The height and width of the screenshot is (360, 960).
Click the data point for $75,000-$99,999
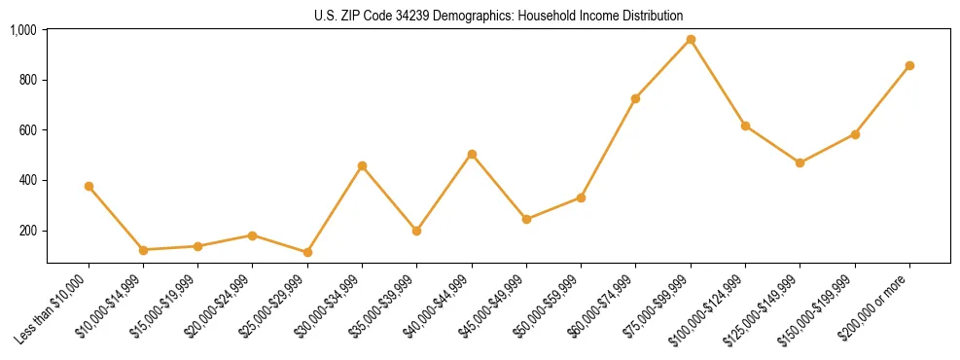click(x=691, y=39)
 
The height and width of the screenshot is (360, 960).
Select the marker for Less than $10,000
click(x=89, y=186)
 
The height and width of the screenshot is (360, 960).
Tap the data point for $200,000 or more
click(x=909, y=65)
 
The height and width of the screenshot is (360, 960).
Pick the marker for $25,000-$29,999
click(x=307, y=252)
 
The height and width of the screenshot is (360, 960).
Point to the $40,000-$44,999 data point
click(x=472, y=154)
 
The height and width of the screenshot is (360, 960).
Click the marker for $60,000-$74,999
click(x=635, y=98)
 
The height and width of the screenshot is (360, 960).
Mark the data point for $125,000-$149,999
click(x=800, y=162)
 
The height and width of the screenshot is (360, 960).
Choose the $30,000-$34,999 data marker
click(x=362, y=165)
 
